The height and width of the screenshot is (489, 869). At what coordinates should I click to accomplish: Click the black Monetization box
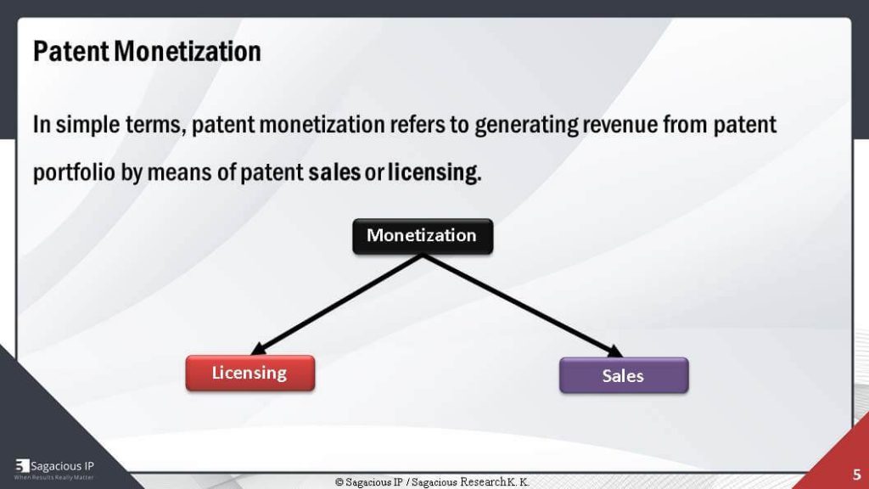tap(423, 236)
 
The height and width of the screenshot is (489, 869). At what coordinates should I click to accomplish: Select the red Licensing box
tap(250, 374)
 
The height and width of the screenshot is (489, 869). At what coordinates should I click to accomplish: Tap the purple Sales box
tap(624, 375)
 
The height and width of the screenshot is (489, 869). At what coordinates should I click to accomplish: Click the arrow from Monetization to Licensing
tap(336, 305)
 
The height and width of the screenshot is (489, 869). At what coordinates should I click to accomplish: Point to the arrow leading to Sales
tap(523, 306)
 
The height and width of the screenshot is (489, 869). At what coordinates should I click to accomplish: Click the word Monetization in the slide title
tap(188, 52)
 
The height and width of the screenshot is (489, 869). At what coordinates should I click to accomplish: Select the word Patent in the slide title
tap(71, 52)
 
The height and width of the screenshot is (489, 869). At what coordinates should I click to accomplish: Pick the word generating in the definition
tap(525, 126)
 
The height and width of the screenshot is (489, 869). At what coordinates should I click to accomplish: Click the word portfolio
tap(75, 173)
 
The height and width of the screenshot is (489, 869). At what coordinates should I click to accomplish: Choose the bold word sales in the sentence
tap(334, 172)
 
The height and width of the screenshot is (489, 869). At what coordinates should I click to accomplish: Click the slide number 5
tap(857, 475)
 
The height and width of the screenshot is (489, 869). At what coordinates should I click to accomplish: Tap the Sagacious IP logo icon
tap(22, 466)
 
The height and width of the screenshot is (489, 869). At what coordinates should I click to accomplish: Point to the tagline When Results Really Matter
tap(53, 477)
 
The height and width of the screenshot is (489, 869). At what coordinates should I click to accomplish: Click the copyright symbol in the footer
tap(339, 482)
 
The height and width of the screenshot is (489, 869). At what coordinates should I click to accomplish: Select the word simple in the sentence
tap(87, 126)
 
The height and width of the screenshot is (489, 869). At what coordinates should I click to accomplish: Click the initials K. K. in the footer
tap(518, 482)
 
